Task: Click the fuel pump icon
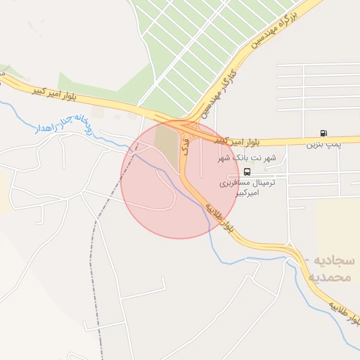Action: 323,133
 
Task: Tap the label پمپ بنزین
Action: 323,145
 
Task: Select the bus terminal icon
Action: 247,172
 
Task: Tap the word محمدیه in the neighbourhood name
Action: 329,277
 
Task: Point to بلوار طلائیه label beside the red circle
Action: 220,219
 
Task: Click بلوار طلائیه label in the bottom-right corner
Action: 344,324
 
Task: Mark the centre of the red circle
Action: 180,179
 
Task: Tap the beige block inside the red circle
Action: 167,144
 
